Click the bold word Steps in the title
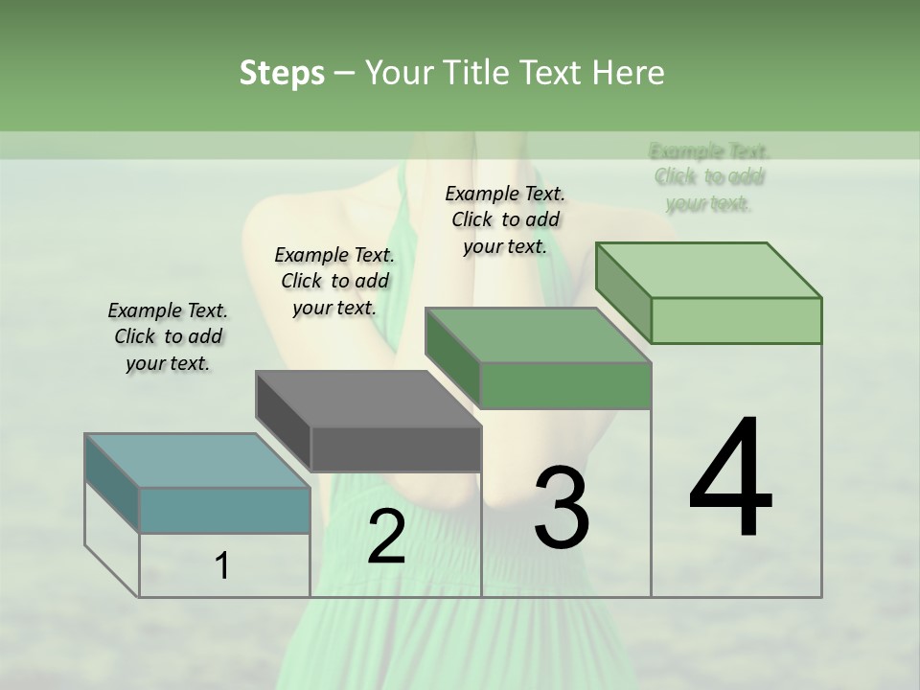pos(282,74)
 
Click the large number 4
pos(730,479)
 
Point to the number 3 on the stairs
pos(561,508)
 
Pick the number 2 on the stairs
pos(386,537)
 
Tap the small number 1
pos(222,566)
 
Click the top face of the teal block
pos(196,460)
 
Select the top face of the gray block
pos(368,399)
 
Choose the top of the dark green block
pos(538,335)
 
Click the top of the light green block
pos(709,270)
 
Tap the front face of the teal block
pos(225,510)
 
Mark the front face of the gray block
pos(396,448)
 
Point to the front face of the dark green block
pos(565,385)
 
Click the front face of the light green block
pos(736,320)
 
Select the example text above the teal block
pos(168,336)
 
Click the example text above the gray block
pos(334,281)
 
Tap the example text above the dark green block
pos(505,219)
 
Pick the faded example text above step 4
pos(709,177)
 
